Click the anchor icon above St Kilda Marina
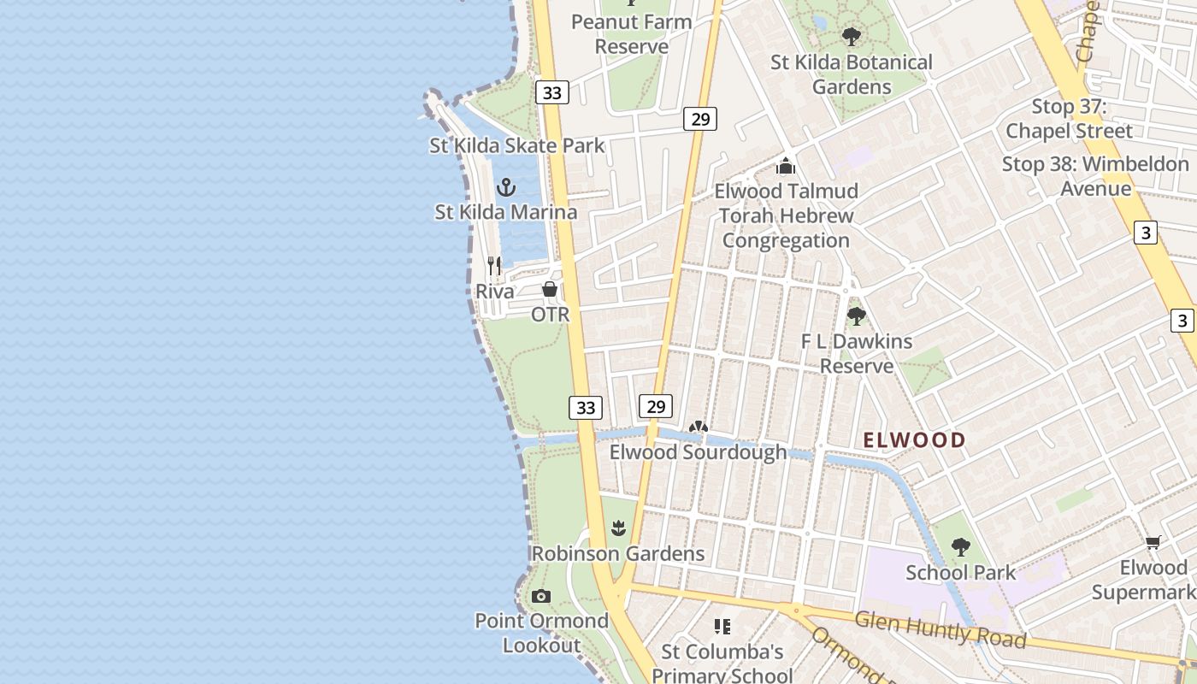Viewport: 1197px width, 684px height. coord(506,187)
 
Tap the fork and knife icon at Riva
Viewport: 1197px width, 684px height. coord(494,266)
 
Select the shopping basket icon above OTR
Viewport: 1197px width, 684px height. coord(550,289)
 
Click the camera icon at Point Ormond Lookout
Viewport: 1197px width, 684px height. coord(540,596)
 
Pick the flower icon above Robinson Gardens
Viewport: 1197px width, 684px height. coord(618,528)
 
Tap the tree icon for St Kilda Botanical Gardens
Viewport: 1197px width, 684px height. coord(851,37)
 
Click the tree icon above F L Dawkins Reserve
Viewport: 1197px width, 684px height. coord(856,316)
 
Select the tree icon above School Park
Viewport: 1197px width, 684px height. coord(960,547)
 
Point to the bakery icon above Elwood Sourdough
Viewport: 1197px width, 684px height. coord(698,427)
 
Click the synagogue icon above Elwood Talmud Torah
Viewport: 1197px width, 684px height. coord(786,166)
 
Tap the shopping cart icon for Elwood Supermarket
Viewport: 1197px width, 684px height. coord(1153,542)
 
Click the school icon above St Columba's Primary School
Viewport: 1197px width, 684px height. coord(722,627)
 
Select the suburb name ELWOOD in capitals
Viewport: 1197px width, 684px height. coord(914,440)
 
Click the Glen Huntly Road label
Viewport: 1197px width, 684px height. coord(940,628)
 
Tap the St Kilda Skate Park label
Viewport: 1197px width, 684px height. coord(516,145)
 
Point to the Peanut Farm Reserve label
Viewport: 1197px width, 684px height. coord(631,33)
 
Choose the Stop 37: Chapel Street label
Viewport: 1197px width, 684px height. coord(1069,119)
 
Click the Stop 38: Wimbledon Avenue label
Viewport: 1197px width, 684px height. coord(1095,175)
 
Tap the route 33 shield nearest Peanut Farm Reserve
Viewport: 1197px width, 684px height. coord(552,92)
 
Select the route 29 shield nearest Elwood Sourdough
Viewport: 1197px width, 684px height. coord(656,406)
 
